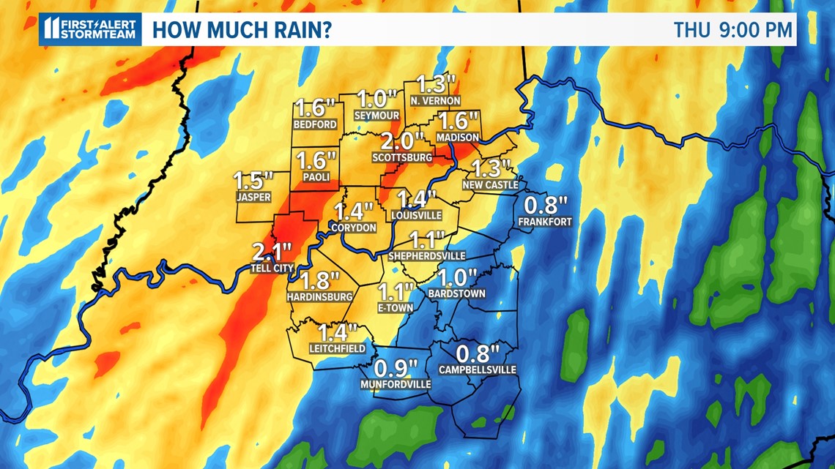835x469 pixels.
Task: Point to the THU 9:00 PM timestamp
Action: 733,30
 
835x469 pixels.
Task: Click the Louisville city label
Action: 417,215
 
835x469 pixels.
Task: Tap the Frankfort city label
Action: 544,221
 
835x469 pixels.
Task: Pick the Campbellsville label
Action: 478,369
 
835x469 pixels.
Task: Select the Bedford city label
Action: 315,124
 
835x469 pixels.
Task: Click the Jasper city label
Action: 253,197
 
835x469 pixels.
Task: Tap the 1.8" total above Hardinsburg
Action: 320,280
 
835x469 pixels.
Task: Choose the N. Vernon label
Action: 435,100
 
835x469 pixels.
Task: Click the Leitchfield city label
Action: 337,348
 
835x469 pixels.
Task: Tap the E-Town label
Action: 396,308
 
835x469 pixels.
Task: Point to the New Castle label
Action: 490,185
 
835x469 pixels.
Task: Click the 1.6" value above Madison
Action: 458,121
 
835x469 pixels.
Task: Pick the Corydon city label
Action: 354,228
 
